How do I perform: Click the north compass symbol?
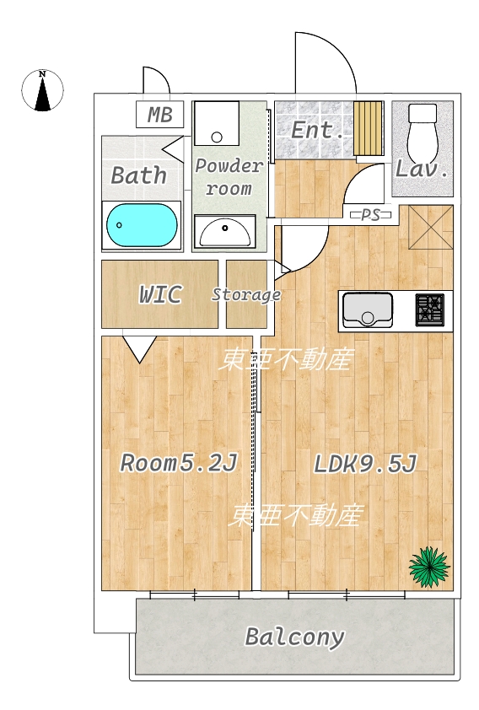[42, 90]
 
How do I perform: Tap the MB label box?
[160, 115]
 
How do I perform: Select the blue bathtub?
[142, 225]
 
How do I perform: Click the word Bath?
[138, 175]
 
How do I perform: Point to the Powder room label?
[229, 177]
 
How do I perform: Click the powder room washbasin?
[224, 230]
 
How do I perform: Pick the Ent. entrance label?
[316, 131]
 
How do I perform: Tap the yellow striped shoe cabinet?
[368, 128]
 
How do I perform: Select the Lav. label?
[422, 169]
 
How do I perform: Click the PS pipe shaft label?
[370, 216]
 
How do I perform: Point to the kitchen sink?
[367, 309]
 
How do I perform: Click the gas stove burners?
[429, 309]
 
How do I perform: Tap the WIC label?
[160, 294]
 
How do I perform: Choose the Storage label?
[246, 295]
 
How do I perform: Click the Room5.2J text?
[179, 463]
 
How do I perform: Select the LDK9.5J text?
[365, 464]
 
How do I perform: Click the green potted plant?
[429, 567]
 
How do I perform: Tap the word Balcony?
[294, 637]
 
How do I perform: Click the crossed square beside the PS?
[431, 228]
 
